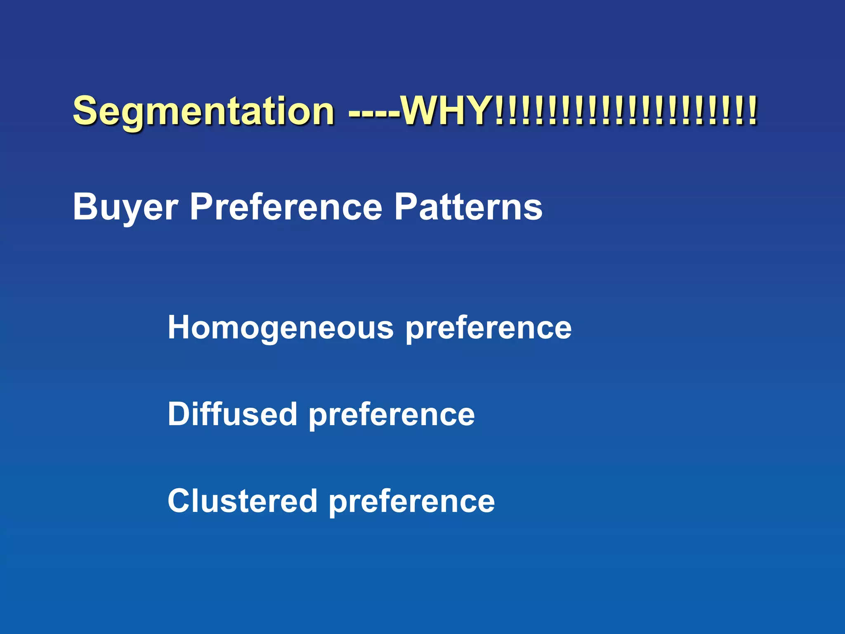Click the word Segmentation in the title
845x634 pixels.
[x=203, y=111]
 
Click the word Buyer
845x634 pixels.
[x=125, y=207]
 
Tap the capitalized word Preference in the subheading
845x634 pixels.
[x=286, y=207]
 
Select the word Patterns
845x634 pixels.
[x=468, y=207]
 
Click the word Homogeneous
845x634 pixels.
[x=281, y=328]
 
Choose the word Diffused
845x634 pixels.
[x=232, y=414]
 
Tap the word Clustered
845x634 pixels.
[x=242, y=501]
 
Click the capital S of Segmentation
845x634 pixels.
[x=85, y=110]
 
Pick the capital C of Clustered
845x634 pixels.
[x=179, y=501]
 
